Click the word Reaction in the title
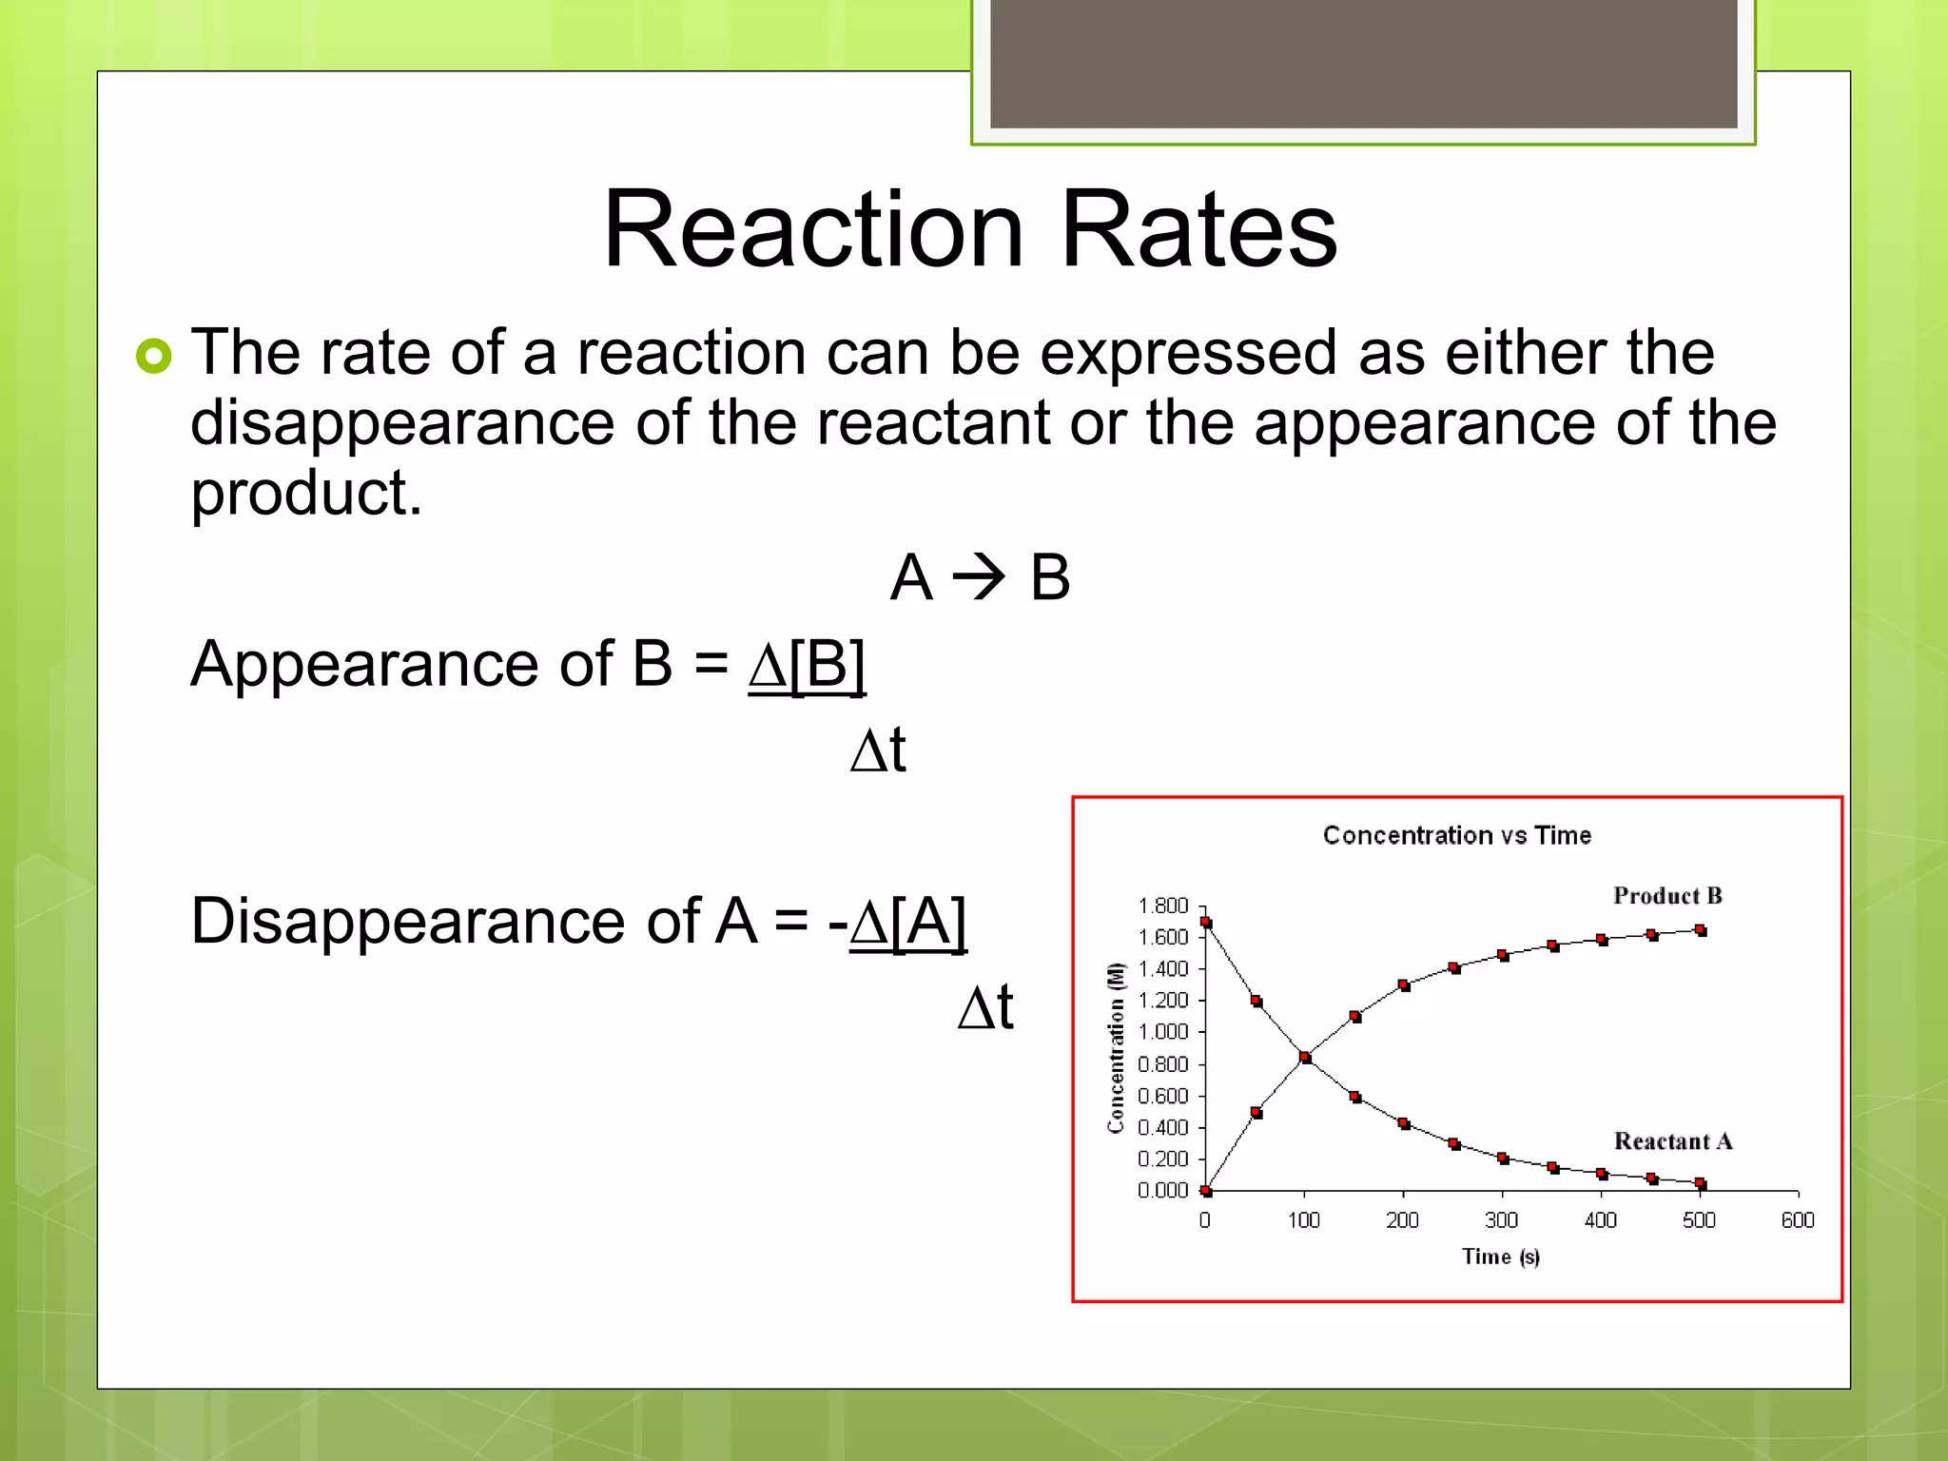click(813, 230)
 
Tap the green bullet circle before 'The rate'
click(153, 356)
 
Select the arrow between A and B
click(979, 576)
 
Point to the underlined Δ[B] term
click(807, 664)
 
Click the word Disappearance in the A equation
click(445, 921)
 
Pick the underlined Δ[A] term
click(907, 921)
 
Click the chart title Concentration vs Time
click(1456, 835)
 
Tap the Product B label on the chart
click(1666, 895)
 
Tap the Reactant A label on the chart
click(1672, 1140)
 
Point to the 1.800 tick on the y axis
click(1163, 906)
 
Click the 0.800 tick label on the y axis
click(1163, 1064)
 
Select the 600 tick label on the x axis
click(1797, 1220)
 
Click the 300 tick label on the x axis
click(1501, 1220)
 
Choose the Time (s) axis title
click(1500, 1256)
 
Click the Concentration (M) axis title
click(1115, 1047)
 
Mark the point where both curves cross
click(1305, 1058)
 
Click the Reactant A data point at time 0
click(1206, 922)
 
